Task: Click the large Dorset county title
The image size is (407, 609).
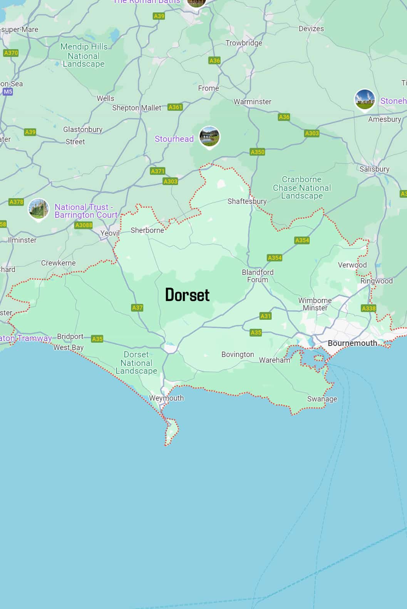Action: pos(187,295)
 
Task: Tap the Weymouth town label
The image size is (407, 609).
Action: pos(166,398)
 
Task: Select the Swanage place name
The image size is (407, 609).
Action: pos(322,399)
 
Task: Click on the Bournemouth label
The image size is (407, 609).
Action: pos(352,343)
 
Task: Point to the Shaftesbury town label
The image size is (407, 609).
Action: pos(247,201)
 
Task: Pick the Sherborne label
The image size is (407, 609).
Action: pos(147,230)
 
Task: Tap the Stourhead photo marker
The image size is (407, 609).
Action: pos(209,136)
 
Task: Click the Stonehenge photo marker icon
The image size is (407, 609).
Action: pos(364,99)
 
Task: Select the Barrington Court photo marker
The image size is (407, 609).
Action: pos(39,209)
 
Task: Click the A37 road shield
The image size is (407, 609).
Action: pos(137,308)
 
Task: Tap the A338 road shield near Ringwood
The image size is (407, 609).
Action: pos(368,308)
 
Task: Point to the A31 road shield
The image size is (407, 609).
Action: pos(265,316)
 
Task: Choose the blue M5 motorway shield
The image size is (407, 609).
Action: pos(8,92)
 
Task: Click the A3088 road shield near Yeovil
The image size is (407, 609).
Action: pos(84,225)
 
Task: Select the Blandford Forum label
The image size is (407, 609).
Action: pos(258,276)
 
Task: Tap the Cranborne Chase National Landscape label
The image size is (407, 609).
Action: pos(301,188)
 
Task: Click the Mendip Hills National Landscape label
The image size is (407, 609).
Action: pos(84,55)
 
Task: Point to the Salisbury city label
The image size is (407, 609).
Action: pos(374,169)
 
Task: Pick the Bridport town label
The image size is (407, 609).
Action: pos(70,336)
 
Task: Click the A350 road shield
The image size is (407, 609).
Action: pos(257,152)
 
